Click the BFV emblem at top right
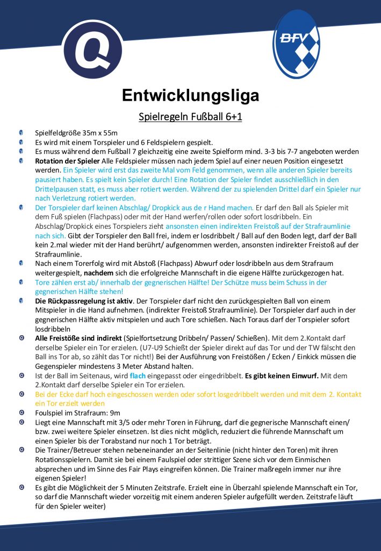click(296, 44)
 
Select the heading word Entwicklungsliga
click(190, 95)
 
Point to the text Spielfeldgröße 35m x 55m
click(76, 132)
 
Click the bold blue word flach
click(138, 376)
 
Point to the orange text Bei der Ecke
click(59, 394)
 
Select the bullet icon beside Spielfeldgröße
click(20, 132)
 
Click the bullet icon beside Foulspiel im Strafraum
click(20, 413)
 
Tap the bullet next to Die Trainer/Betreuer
click(20, 450)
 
